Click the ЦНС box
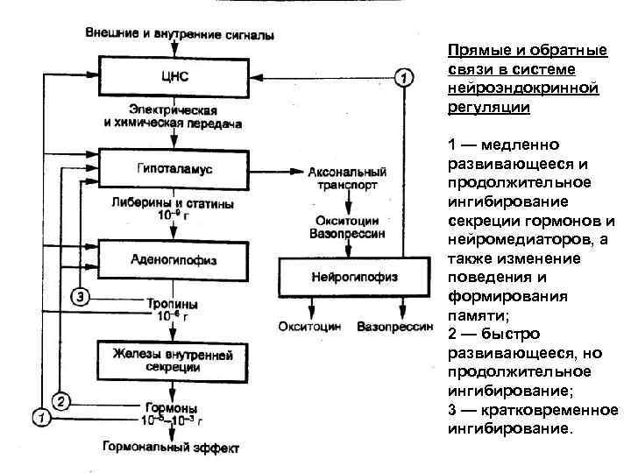click(x=175, y=77)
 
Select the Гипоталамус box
click(x=175, y=166)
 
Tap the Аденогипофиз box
click(x=175, y=259)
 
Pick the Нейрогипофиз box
click(x=354, y=277)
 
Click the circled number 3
click(x=80, y=295)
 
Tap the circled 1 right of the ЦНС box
click(x=402, y=78)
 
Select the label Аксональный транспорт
click(x=347, y=179)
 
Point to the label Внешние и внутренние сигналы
click(x=180, y=35)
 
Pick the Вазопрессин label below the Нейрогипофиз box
click(x=395, y=328)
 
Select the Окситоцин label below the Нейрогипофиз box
click(x=309, y=328)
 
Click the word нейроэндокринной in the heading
click(x=498, y=89)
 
